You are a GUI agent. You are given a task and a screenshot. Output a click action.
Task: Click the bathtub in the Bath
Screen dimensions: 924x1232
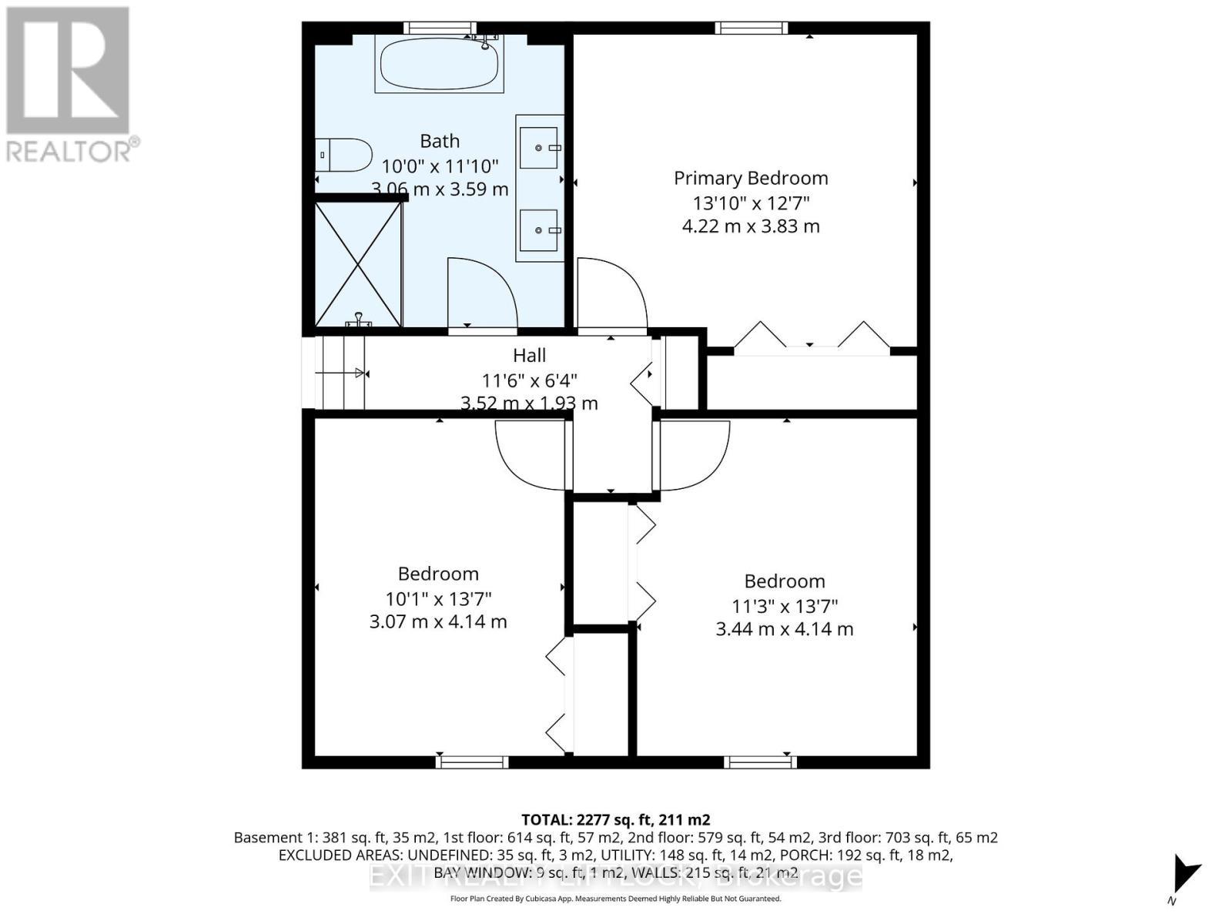(439, 65)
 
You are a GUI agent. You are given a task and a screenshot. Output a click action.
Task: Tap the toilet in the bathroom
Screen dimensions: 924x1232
(343, 155)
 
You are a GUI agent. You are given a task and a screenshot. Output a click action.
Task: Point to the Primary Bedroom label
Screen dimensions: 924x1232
(751, 178)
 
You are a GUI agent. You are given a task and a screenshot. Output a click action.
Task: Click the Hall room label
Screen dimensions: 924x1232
(530, 355)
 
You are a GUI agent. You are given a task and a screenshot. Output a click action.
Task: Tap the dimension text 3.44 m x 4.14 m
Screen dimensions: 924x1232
(784, 629)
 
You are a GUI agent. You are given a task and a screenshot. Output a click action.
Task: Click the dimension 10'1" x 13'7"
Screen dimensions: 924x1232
(438, 598)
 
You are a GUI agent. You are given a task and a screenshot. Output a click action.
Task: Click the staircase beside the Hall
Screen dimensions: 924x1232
(339, 373)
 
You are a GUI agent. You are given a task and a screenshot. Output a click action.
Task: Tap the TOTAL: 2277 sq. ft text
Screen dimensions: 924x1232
(615, 819)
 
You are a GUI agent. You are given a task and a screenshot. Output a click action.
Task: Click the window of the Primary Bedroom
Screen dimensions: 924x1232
(751, 28)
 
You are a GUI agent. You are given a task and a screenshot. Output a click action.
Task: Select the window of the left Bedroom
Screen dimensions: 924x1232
(471, 762)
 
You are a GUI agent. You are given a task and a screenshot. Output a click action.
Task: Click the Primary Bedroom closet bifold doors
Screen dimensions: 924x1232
(811, 339)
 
